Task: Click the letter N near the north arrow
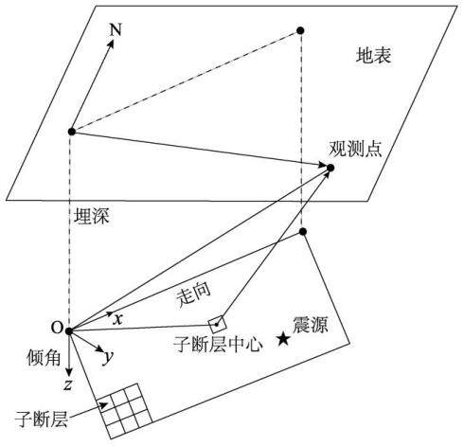click(x=116, y=30)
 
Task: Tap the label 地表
click(x=373, y=56)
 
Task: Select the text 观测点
click(x=355, y=149)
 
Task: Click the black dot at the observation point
click(x=330, y=168)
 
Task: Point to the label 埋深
click(x=92, y=217)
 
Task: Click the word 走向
click(x=194, y=295)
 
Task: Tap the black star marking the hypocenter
click(x=284, y=339)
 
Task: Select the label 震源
click(x=311, y=325)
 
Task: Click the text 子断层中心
click(x=218, y=344)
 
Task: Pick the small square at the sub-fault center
click(x=217, y=325)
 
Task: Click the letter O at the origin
click(x=57, y=329)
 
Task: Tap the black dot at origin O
click(x=69, y=330)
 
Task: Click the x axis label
click(x=117, y=319)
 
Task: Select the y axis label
click(x=108, y=357)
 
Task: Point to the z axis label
click(x=67, y=384)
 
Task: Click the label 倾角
click(x=44, y=357)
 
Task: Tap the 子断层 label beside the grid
click(x=42, y=419)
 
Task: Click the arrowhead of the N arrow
click(x=111, y=44)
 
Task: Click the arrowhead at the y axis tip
click(x=100, y=349)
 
